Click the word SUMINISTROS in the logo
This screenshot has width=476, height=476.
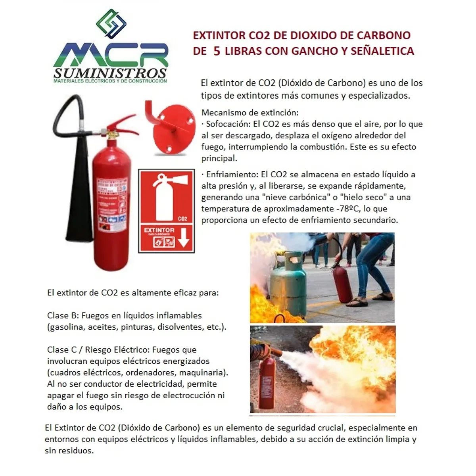pyautogui.click(x=110, y=73)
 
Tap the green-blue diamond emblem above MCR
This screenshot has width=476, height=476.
pyautogui.click(x=111, y=23)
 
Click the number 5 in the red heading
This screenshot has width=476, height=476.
pyautogui.click(x=217, y=51)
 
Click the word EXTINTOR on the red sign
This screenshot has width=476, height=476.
pyautogui.click(x=159, y=230)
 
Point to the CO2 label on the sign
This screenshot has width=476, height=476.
pyautogui.click(x=182, y=219)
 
